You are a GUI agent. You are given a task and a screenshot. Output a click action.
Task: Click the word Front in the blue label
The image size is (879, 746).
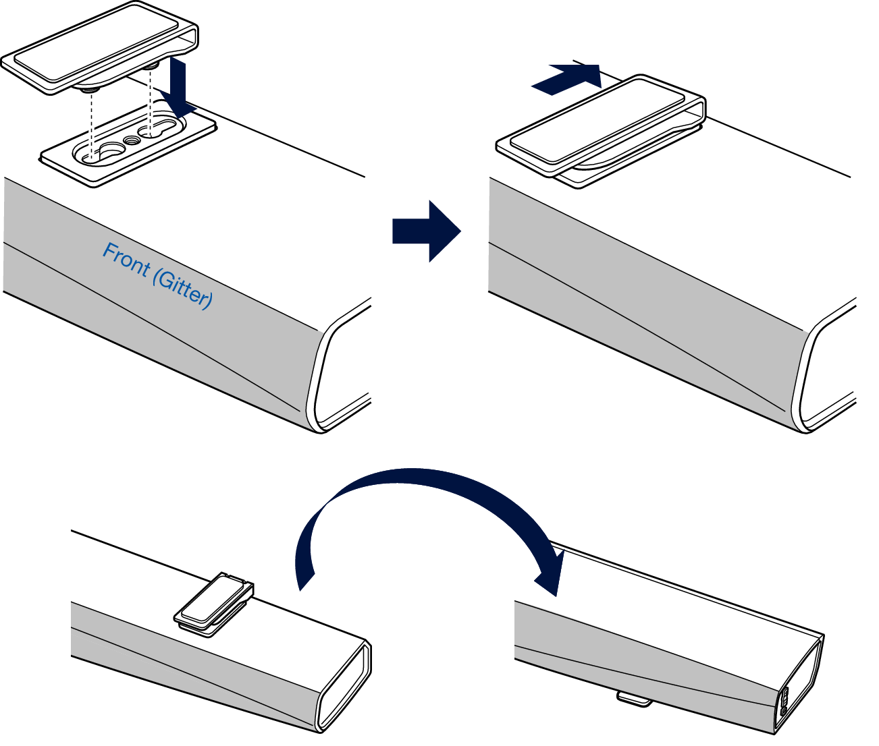point(126,260)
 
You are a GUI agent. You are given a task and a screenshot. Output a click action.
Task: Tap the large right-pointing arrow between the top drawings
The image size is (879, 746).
point(425,231)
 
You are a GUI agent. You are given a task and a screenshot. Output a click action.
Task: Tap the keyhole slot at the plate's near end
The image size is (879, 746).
point(99,152)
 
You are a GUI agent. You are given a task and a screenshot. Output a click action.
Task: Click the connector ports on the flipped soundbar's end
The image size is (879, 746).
point(785,701)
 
